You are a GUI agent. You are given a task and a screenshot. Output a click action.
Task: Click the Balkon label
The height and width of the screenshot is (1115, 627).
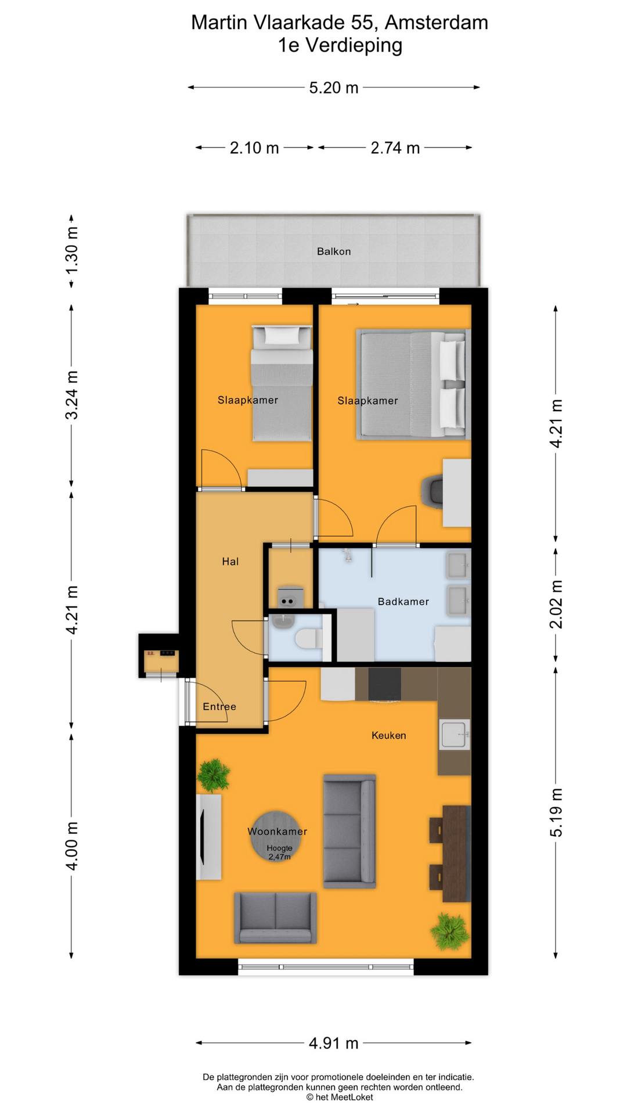click(334, 251)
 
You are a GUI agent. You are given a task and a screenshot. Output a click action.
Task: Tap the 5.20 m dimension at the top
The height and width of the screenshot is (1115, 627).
click(334, 88)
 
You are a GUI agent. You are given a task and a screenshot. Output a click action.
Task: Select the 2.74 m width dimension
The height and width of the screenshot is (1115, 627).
click(395, 148)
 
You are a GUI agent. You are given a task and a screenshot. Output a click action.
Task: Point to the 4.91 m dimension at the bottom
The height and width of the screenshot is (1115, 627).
click(334, 1044)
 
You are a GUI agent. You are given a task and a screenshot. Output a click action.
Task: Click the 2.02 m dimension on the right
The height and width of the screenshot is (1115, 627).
click(556, 604)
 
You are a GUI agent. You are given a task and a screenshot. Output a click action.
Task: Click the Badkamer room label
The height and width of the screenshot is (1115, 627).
click(403, 602)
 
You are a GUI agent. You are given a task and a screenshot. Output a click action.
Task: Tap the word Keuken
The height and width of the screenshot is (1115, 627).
click(389, 736)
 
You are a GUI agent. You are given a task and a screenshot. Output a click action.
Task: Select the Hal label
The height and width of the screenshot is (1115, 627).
click(230, 562)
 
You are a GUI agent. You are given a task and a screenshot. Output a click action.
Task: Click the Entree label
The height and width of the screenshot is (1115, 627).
click(219, 707)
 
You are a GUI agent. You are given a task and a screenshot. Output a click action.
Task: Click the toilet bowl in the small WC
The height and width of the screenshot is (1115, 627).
click(309, 639)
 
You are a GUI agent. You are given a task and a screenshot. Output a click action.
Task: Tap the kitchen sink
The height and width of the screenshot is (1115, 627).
click(455, 735)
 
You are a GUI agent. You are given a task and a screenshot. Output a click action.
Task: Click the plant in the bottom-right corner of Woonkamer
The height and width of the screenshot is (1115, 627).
click(450, 931)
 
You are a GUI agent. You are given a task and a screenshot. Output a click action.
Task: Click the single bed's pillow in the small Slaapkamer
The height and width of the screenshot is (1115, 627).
click(282, 335)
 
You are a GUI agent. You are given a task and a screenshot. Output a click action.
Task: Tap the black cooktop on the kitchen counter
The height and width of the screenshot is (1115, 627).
click(384, 684)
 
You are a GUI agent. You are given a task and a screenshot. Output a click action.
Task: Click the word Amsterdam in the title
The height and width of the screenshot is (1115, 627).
click(437, 23)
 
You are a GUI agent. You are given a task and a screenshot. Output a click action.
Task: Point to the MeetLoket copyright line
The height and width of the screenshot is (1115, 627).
click(340, 1097)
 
